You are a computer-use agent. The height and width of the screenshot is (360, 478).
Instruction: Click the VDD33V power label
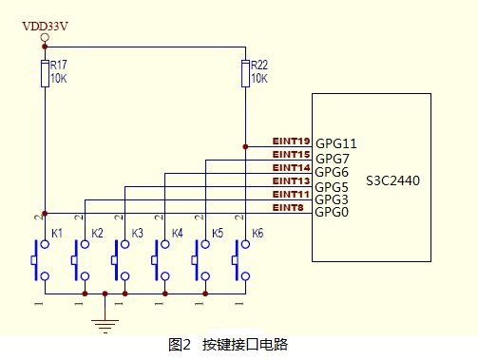point(45,27)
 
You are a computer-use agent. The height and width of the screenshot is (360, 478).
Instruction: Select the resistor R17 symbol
point(45,73)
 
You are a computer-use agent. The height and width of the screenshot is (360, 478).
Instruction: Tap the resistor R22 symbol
point(245,73)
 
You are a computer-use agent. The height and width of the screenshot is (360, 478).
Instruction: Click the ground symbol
point(105,326)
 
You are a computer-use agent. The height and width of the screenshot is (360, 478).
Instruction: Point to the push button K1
point(41,260)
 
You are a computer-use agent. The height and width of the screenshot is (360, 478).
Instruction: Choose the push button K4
point(161,260)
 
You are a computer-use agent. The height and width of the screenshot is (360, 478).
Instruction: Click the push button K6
point(241,260)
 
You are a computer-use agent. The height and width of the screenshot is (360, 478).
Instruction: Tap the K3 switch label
point(137,234)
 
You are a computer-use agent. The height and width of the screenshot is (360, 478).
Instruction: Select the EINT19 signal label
point(291,142)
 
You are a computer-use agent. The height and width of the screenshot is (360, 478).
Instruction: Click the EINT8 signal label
point(288,208)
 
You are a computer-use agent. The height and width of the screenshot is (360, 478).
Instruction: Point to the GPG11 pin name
point(336,143)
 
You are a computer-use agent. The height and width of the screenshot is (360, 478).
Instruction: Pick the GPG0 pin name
point(332,212)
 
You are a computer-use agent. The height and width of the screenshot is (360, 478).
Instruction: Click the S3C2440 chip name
point(392,180)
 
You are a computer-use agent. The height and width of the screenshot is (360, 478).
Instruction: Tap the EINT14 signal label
point(291,168)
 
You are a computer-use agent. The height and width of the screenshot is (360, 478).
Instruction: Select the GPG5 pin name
point(332,187)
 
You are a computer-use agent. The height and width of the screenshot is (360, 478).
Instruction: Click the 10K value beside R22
point(259,78)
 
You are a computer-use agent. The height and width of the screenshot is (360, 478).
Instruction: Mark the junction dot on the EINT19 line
point(245,146)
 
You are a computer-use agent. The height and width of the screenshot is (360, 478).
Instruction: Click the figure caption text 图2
point(180,345)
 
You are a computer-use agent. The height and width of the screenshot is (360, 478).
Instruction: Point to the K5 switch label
point(218,234)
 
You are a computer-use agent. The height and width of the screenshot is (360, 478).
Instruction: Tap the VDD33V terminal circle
point(45,37)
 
